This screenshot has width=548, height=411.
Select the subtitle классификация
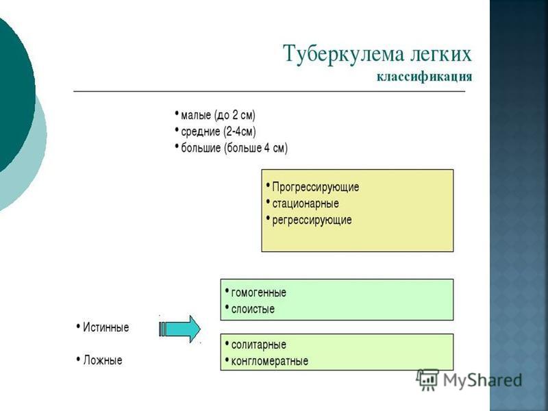click(x=424, y=77)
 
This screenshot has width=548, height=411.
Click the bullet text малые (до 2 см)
click(x=218, y=115)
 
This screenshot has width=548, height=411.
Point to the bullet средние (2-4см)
click(x=219, y=132)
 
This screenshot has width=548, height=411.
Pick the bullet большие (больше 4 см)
click(x=234, y=148)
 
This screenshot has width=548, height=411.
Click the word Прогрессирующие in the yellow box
click(x=316, y=187)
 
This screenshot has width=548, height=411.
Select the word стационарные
click(x=306, y=203)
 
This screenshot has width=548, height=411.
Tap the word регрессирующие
click(x=312, y=220)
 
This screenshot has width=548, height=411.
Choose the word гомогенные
click(x=259, y=292)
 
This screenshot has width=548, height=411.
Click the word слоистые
click(x=253, y=309)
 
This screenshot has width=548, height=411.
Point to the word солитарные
click(x=259, y=345)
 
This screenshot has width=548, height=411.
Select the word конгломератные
click(x=270, y=361)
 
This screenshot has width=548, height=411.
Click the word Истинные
click(x=106, y=327)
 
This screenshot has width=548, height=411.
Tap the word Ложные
click(x=103, y=360)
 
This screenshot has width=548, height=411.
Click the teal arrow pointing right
click(x=179, y=329)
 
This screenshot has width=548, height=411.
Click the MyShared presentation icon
click(x=427, y=379)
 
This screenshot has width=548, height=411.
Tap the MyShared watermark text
click(x=483, y=380)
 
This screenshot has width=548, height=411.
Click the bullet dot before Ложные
click(x=78, y=359)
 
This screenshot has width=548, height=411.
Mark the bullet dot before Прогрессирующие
click(x=268, y=185)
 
